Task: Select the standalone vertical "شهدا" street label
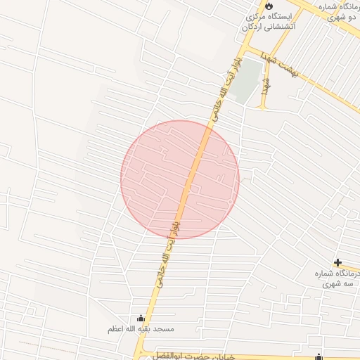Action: click(x=266, y=85)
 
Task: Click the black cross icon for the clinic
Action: click(x=337, y=262)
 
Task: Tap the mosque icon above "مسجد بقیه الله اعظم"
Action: click(x=141, y=318)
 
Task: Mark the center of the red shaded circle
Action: click(x=180, y=179)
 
